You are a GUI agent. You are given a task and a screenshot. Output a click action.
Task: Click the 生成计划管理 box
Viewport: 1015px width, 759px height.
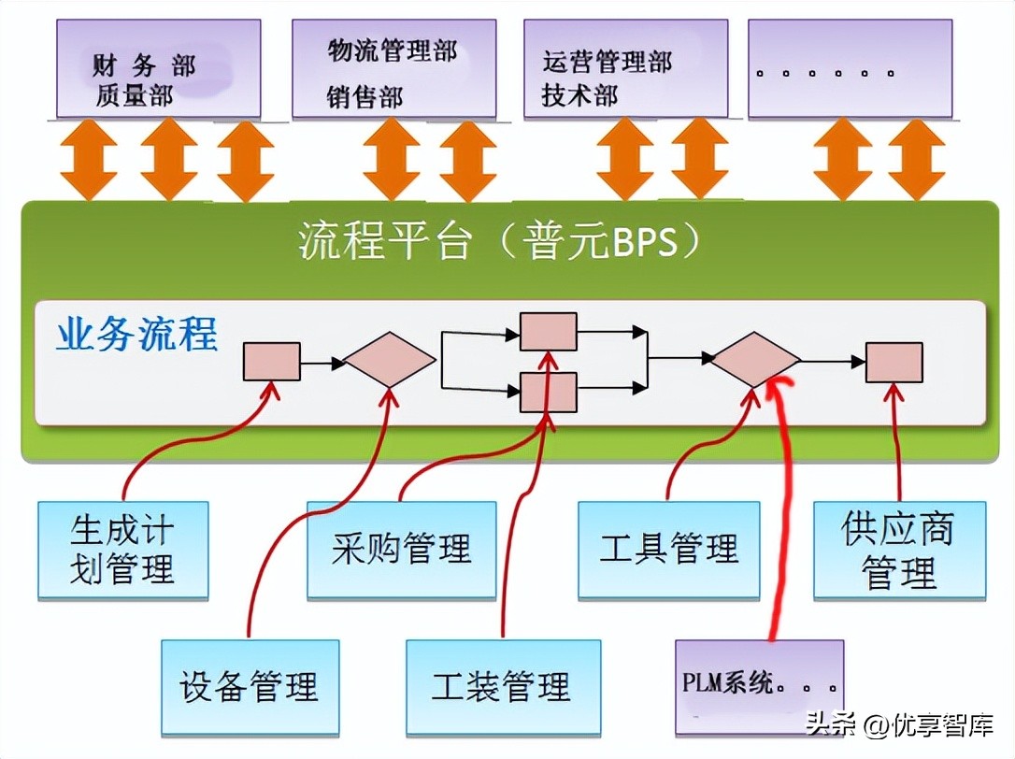coord(122,550)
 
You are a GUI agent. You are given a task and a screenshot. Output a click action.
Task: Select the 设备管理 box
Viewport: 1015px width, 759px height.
coord(249,686)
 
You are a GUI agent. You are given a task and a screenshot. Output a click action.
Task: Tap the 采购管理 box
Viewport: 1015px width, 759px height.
coord(401,550)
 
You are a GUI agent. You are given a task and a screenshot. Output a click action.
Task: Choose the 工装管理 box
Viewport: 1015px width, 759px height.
coord(502,686)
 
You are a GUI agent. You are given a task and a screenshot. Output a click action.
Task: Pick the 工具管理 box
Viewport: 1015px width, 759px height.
coord(669,550)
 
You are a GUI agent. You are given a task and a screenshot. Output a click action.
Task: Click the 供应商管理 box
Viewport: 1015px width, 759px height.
coord(898,550)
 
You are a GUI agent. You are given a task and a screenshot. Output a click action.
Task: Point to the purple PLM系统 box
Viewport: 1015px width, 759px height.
coord(758,686)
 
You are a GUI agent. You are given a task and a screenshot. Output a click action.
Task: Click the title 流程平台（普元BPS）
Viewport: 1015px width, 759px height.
coord(500,240)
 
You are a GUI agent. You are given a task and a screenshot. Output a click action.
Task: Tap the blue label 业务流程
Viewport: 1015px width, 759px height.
coord(136,334)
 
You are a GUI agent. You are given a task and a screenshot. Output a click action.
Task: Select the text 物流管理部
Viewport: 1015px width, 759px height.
coord(393,50)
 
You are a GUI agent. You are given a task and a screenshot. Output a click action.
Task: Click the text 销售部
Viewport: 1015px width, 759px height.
coord(365,96)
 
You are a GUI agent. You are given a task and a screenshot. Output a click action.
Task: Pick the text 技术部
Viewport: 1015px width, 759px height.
coord(579,95)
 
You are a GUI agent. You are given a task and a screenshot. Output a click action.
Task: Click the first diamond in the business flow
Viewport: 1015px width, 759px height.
coord(390,360)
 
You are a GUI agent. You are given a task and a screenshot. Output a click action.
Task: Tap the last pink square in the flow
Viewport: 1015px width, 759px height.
coord(893,362)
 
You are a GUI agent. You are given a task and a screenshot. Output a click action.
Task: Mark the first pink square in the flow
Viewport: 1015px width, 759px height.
coord(272,361)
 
